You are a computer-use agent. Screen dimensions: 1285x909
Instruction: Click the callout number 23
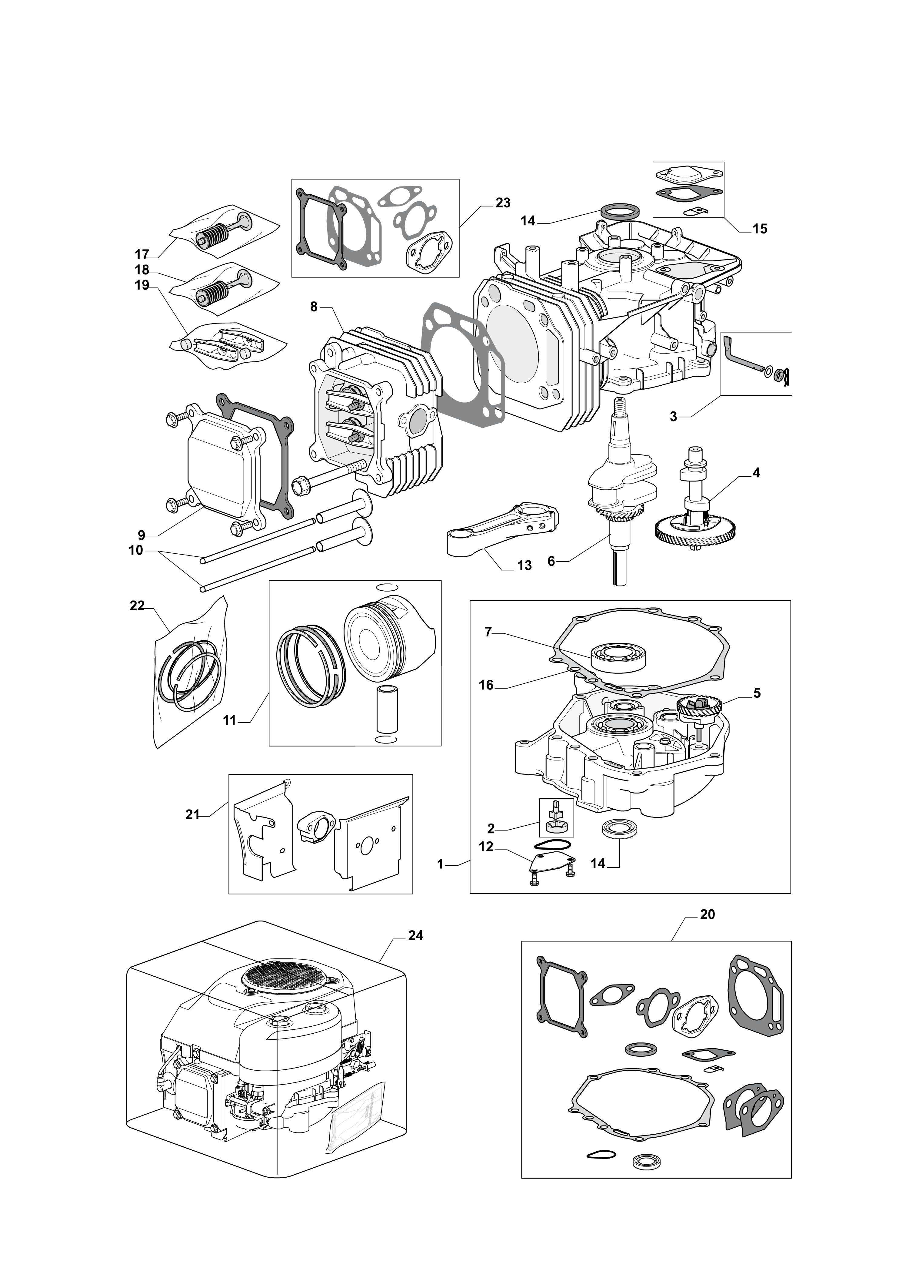click(503, 203)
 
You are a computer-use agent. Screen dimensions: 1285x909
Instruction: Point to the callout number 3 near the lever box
click(673, 416)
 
